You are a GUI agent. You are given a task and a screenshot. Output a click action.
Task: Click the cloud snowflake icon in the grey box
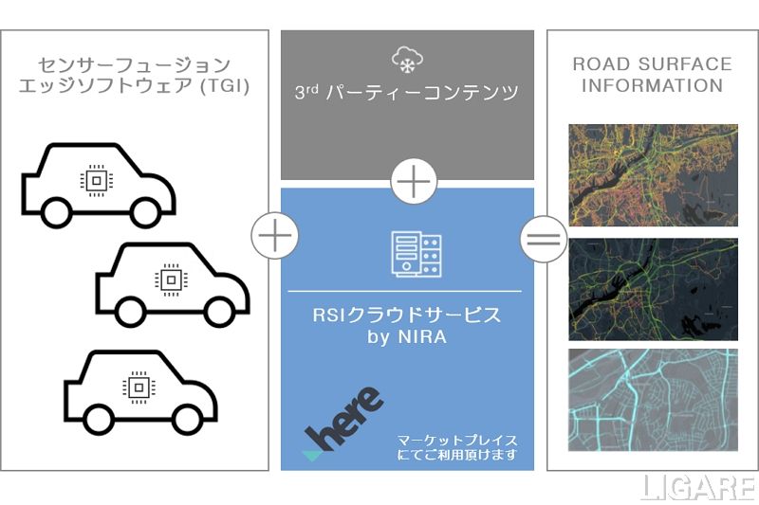click(407, 58)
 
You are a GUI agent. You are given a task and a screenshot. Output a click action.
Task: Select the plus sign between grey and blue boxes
click(414, 180)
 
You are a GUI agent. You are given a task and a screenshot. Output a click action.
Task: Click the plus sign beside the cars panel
click(274, 234)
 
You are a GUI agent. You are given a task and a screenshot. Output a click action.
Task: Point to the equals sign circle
click(543, 234)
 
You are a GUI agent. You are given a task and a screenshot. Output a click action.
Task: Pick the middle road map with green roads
click(652, 288)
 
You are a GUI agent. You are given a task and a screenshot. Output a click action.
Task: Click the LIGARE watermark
click(699, 486)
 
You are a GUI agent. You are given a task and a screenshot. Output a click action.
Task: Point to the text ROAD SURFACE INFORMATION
click(652, 75)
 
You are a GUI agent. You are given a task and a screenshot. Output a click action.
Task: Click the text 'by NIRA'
click(406, 338)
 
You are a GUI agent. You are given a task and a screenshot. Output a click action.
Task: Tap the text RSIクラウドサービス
click(406, 316)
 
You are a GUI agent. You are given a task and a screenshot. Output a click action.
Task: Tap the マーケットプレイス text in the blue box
click(458, 441)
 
